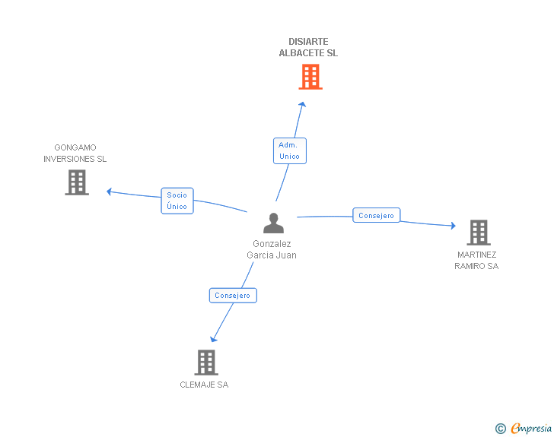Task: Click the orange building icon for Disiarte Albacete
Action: coord(310,77)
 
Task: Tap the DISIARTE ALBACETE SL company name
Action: coord(308,47)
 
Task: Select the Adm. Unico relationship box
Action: coord(290,150)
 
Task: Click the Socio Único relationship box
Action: coord(177,201)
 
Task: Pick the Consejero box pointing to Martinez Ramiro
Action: coord(376,215)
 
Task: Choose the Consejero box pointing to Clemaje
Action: coord(233,296)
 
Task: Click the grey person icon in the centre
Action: coord(273,223)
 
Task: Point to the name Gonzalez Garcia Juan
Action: coord(272,249)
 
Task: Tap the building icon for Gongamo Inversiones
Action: coord(77,182)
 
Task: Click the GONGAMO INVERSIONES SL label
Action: coord(75,154)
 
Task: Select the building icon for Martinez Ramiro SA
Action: coord(479,233)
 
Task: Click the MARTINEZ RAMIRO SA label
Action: coord(476,261)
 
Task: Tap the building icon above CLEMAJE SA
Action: coord(206,363)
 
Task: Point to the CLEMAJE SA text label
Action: coord(204,385)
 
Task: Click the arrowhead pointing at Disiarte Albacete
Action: coord(302,104)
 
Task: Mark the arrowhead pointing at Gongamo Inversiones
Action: coord(109,192)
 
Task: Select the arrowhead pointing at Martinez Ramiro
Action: coord(454,226)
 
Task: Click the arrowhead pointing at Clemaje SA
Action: coord(213,340)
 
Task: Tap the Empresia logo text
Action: coord(531,428)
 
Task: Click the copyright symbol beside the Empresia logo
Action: coord(501,429)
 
